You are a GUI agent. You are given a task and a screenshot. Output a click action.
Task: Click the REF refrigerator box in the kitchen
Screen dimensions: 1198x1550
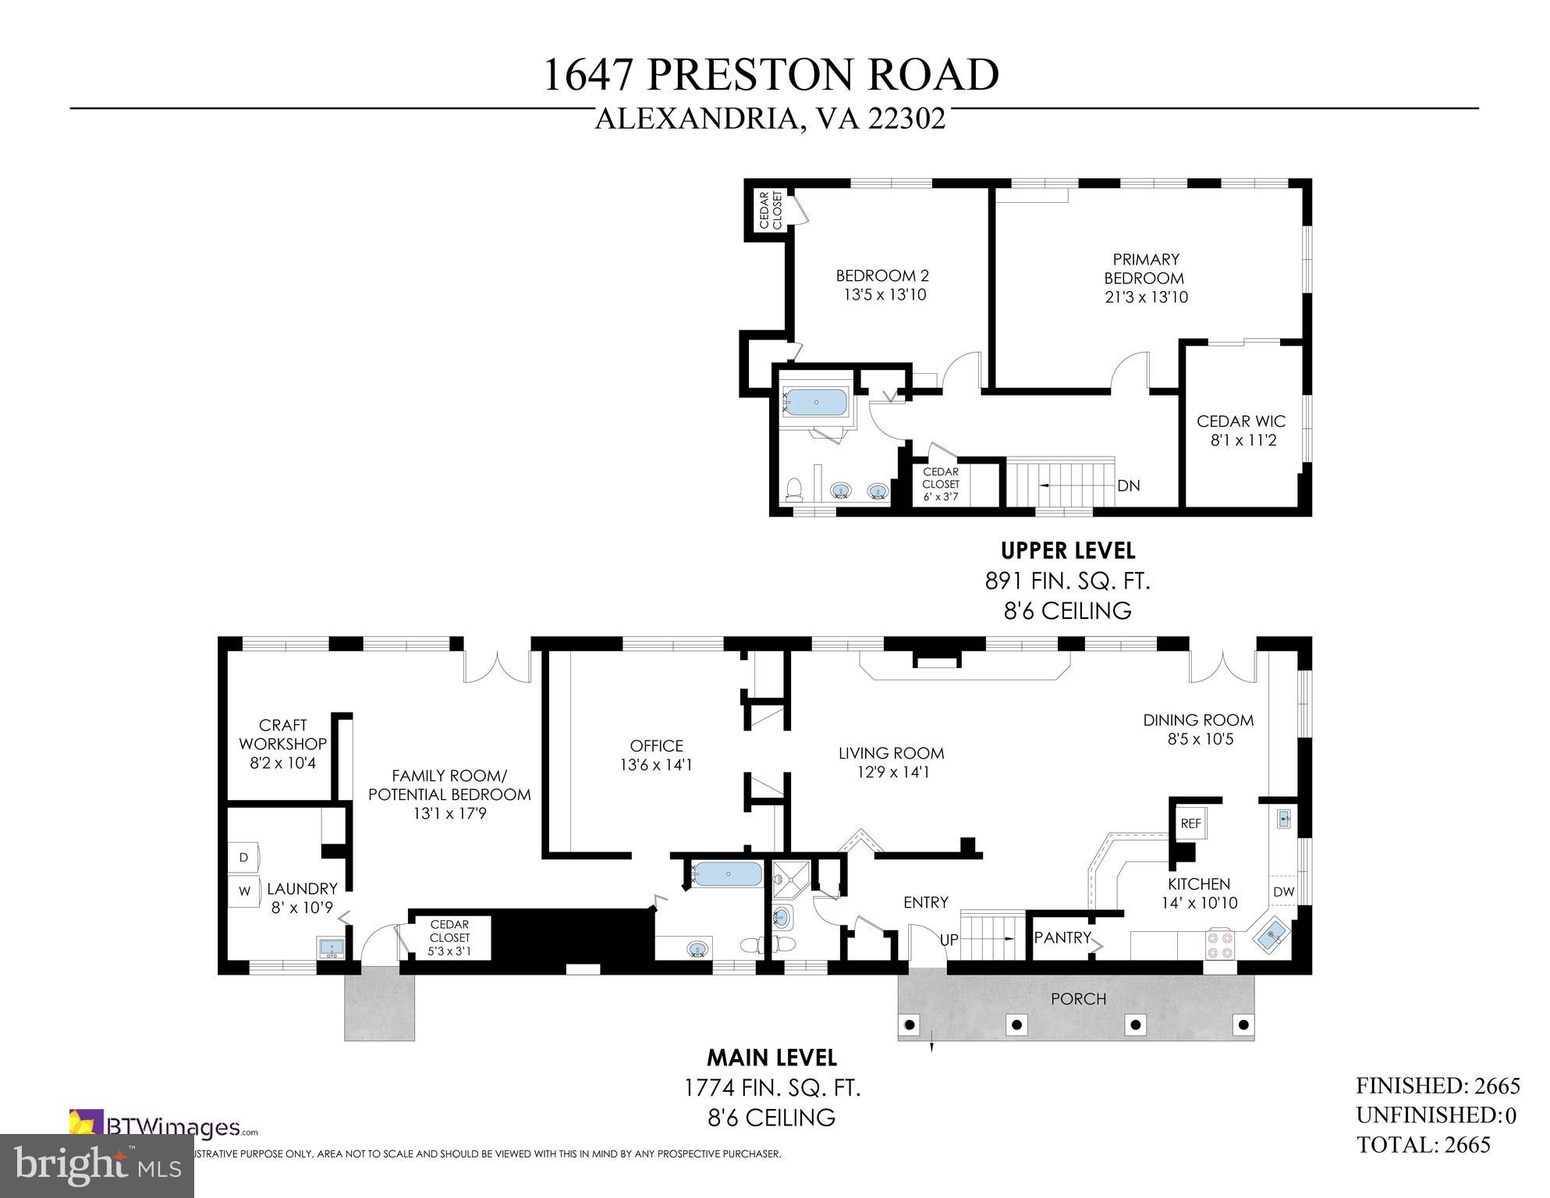(x=1190, y=823)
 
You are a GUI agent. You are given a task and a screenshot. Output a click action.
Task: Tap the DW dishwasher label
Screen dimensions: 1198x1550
(x=1283, y=891)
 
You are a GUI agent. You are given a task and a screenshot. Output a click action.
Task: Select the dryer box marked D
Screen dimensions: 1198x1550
(x=243, y=857)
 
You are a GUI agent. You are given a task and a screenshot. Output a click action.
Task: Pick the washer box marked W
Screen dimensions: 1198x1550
(x=244, y=891)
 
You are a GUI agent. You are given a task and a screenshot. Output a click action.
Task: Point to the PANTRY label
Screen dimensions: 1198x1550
(x=1062, y=937)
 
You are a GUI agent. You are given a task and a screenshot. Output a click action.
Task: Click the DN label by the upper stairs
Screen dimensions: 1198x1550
(x=1128, y=485)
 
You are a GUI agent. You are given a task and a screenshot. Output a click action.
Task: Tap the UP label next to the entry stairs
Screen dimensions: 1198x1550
(x=949, y=940)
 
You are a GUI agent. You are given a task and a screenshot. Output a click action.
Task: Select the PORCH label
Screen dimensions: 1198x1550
(x=1078, y=998)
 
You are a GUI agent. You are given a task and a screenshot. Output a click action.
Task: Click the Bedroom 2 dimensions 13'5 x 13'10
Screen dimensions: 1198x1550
(x=885, y=295)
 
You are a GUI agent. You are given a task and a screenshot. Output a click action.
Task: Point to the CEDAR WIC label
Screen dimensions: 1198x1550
(x=1241, y=421)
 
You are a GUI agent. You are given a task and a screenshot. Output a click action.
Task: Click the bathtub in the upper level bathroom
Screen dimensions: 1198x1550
(x=816, y=403)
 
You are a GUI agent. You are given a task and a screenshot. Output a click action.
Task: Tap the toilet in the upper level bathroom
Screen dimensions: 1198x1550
(x=794, y=489)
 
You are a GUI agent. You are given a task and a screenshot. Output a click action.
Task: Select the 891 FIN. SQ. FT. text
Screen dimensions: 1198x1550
(x=1067, y=581)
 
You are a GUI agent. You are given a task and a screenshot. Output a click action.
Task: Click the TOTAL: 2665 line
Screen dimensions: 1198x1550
(x=1424, y=1144)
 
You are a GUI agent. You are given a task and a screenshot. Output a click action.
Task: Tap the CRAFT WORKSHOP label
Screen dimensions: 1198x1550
(x=282, y=734)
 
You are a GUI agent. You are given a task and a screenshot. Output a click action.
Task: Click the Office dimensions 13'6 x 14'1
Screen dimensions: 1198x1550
(x=656, y=766)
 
